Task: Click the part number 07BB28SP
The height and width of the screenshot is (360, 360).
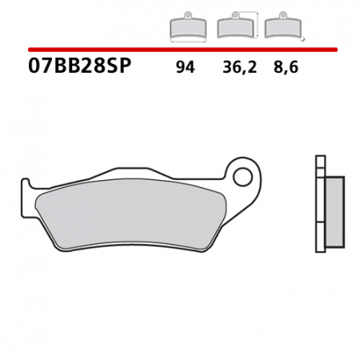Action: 79,67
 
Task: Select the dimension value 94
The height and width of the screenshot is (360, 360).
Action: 185,68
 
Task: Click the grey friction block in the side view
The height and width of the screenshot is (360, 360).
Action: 335,211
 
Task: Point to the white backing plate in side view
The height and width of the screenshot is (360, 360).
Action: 321,212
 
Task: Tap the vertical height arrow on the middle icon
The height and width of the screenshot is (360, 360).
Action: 256,25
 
